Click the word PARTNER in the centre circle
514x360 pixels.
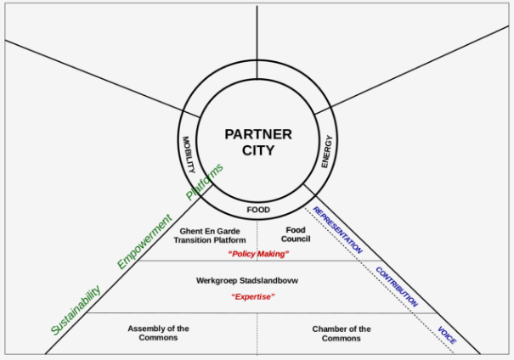pos(258,134)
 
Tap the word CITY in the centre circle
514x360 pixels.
pos(258,150)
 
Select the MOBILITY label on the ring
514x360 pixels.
pos(189,155)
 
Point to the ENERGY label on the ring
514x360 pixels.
pos(326,152)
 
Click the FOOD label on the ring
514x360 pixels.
pos(258,210)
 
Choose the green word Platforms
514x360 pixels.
pos(205,182)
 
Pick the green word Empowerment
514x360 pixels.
pos(144,241)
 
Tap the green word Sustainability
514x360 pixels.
pos(76,310)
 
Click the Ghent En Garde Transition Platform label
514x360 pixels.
pos(210,235)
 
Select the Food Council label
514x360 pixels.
pos(296,234)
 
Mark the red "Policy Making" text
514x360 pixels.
pos(258,254)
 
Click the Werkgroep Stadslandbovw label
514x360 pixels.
pos(247,281)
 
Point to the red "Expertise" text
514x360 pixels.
pos(253,297)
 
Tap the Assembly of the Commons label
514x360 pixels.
pos(158,333)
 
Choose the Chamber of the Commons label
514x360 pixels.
pos(342,334)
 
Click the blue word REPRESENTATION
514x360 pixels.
pos(337,230)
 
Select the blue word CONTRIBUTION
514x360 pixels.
pos(397,287)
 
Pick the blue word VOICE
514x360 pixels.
pos(447,335)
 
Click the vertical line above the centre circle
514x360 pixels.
pos(257,42)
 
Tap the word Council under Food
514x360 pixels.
pos(296,239)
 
